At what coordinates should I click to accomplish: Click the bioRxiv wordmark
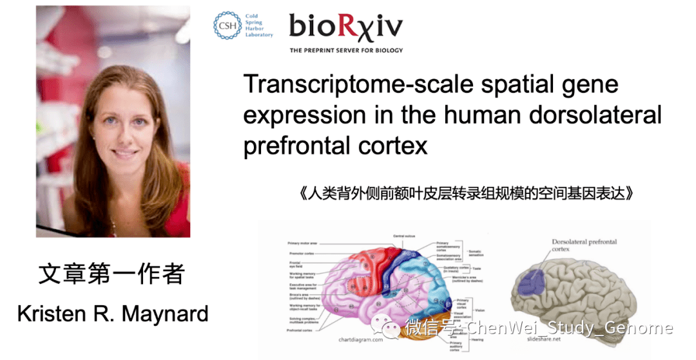click(345, 26)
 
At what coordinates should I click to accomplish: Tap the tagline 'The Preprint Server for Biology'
click(345, 50)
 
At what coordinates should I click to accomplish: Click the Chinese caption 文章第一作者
click(111, 274)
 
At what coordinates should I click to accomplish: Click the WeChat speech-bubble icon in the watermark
click(392, 328)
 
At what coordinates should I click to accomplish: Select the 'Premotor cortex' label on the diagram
click(302, 254)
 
